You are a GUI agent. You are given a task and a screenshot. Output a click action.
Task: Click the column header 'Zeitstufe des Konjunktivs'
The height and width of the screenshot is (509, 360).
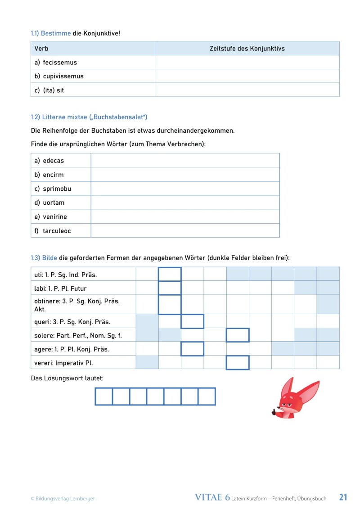pos(247,49)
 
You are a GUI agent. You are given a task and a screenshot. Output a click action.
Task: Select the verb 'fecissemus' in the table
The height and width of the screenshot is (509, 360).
pos(60,63)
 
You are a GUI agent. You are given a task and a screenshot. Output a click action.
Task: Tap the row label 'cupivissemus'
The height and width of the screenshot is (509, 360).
pos(63,77)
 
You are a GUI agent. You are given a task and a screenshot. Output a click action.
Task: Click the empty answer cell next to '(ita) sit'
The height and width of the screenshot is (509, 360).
pos(247,90)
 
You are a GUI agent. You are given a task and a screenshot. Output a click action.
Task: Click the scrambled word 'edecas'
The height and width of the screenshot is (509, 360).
pos(53,161)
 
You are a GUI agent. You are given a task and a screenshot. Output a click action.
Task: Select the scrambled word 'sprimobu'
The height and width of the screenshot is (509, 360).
pos(57,189)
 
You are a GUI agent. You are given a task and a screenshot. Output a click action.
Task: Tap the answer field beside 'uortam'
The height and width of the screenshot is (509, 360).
pos(185,203)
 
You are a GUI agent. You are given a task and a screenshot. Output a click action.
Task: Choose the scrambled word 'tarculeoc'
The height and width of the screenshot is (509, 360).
pos(57,231)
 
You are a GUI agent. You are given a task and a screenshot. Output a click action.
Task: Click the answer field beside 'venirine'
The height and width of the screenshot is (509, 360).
pos(185,216)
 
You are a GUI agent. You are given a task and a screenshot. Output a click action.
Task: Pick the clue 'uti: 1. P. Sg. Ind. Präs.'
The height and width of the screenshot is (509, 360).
pos(66,275)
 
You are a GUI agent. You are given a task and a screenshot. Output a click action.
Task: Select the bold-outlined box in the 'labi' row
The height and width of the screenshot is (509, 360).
pos(170,288)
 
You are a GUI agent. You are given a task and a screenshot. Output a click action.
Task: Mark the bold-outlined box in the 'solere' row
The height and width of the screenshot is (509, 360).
pos(238,335)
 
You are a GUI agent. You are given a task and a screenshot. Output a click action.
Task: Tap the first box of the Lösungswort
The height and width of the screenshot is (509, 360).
pos(103,396)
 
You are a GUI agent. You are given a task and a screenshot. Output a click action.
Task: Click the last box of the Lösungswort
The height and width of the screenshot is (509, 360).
pos(207,396)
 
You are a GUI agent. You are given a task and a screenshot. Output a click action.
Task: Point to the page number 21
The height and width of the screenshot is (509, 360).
pos(343,497)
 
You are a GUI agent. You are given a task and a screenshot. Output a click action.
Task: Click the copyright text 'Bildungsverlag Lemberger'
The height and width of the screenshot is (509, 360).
pos(65,498)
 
